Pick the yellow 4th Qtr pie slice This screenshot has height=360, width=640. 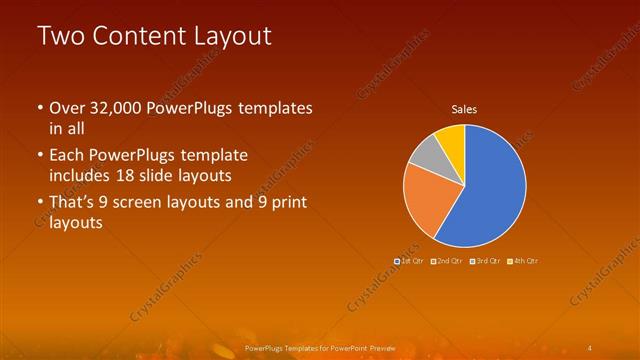click(452, 137)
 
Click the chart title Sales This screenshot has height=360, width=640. click(464, 109)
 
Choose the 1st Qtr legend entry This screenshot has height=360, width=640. click(409, 261)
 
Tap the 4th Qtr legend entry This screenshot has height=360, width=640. click(523, 261)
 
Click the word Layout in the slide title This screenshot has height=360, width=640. click(235, 36)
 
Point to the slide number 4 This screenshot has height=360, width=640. click(591, 348)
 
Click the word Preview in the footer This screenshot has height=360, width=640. click(378, 348)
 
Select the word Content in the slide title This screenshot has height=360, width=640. click(138, 36)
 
